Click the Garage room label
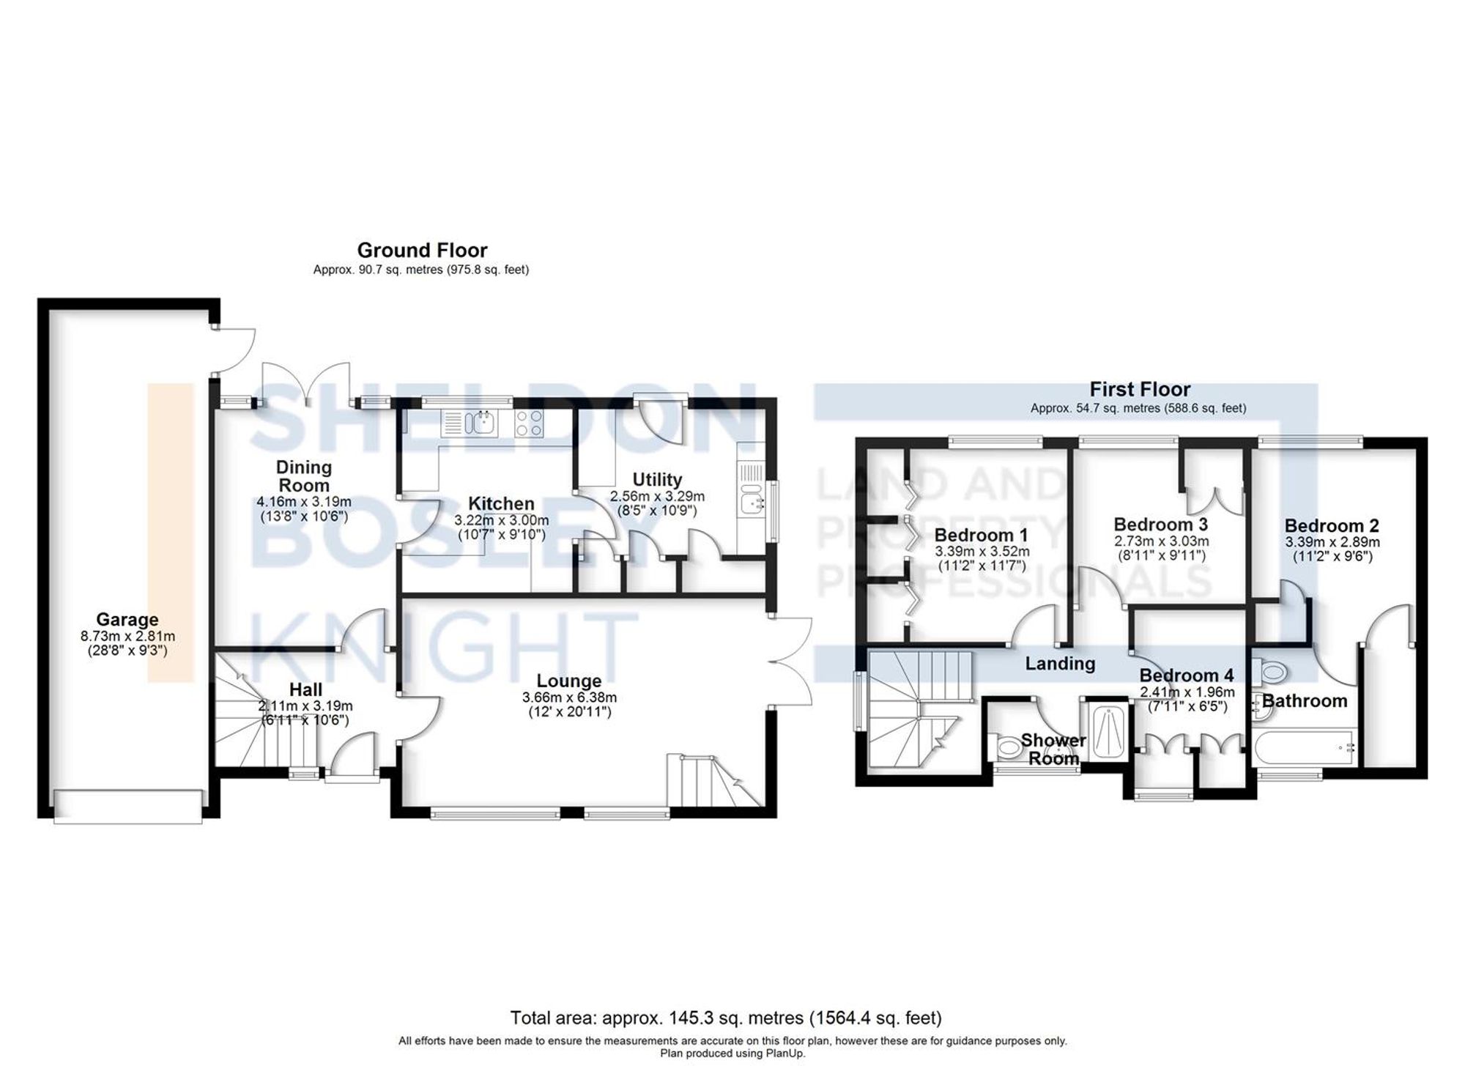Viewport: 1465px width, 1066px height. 127,620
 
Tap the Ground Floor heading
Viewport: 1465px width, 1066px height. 422,251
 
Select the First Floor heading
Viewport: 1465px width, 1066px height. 1140,389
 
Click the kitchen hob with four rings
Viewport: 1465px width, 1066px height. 530,423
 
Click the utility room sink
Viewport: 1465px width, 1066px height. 750,503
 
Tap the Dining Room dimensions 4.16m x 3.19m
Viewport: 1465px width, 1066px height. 304,503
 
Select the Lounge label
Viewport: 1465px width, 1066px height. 568,681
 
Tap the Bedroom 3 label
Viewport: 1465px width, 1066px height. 1160,525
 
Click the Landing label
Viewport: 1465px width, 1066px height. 1060,664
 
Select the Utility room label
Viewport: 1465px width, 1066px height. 657,479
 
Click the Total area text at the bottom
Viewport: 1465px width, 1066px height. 726,1018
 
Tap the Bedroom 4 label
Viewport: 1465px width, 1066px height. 1187,675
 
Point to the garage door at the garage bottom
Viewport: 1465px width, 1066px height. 127,806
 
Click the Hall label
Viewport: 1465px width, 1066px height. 305,689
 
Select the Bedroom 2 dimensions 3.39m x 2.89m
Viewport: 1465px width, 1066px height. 1332,543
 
